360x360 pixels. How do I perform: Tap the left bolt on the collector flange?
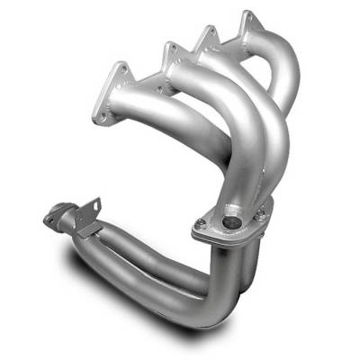[x=200, y=224]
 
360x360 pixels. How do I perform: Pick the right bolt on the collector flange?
[x=259, y=216]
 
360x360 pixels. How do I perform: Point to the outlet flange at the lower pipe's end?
[x=56, y=216]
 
